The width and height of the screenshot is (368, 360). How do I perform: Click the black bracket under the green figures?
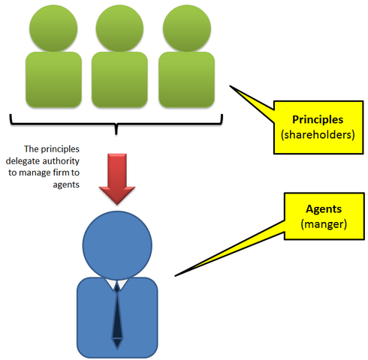pyautogui.click(x=118, y=123)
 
